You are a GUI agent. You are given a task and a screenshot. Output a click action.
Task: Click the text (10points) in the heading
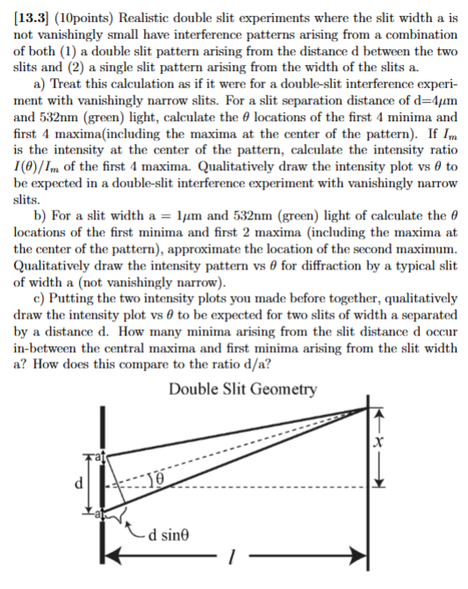[90, 11]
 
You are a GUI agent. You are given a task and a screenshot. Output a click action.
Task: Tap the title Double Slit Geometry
[243, 389]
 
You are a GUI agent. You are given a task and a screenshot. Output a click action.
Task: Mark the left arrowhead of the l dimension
[112, 556]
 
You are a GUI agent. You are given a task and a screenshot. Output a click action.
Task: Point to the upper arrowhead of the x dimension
[378, 410]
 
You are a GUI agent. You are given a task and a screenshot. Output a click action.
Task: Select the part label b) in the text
[39, 217]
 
